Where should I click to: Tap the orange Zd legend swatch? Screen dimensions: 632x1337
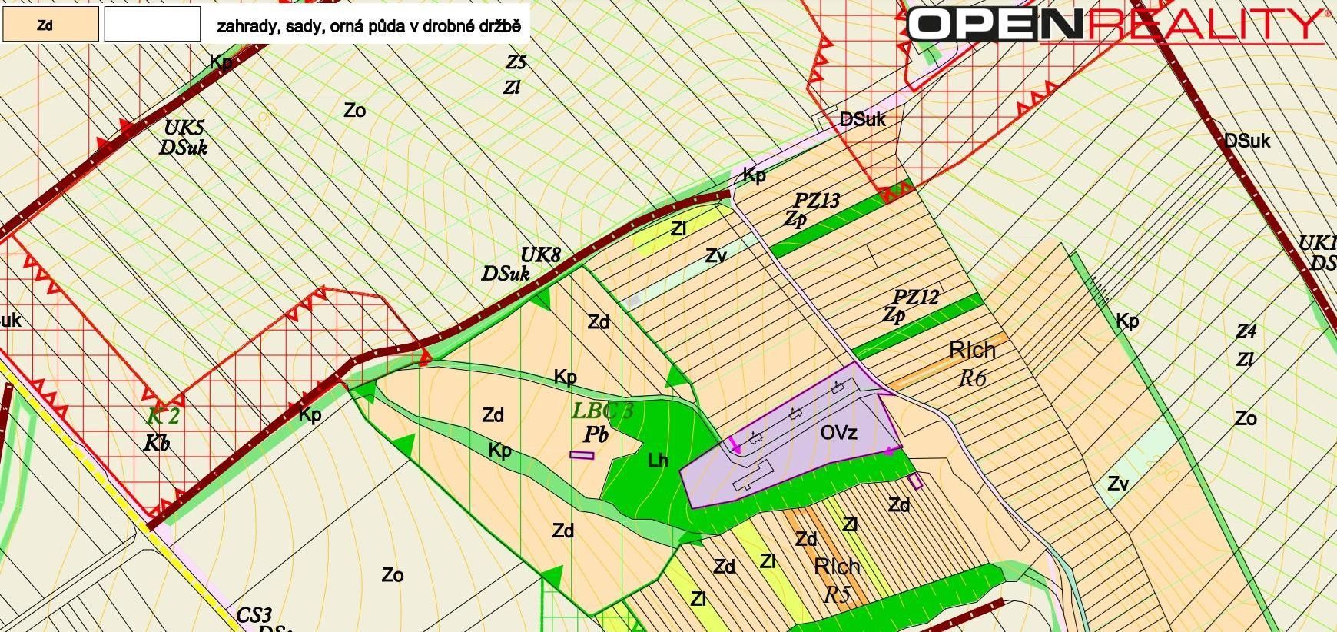pos(50,24)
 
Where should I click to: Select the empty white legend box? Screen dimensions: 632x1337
pos(152,24)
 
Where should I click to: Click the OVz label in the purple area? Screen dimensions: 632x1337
pos(838,433)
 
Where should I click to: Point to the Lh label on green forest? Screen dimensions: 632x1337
pos(659,461)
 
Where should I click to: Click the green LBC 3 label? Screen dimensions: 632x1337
pos(603,411)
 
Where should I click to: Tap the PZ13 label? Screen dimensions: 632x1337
pos(817,201)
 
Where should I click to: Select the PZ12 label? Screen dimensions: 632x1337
pos(916,298)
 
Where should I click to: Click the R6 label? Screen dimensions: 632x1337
pos(972,378)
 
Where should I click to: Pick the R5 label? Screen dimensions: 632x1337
pos(836,594)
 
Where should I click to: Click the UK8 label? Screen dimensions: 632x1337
pos(541,255)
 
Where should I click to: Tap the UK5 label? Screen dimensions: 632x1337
pos(184,128)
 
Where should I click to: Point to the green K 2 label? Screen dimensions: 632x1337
pos(162,417)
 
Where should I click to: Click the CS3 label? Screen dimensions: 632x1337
pos(254,615)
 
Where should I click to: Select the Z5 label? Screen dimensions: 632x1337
pos(516,62)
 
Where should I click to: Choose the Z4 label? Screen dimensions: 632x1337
pos(1246,331)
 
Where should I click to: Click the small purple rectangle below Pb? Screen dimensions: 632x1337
pos(582,455)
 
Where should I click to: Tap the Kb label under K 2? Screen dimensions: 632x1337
pos(156,444)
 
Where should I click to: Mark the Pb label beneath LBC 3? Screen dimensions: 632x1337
pos(596,434)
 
